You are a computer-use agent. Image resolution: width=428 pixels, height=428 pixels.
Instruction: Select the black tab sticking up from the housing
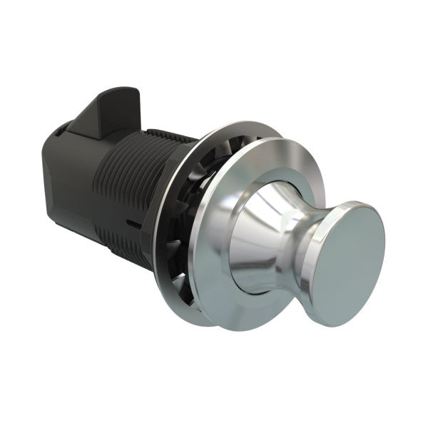[x=107, y=114]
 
